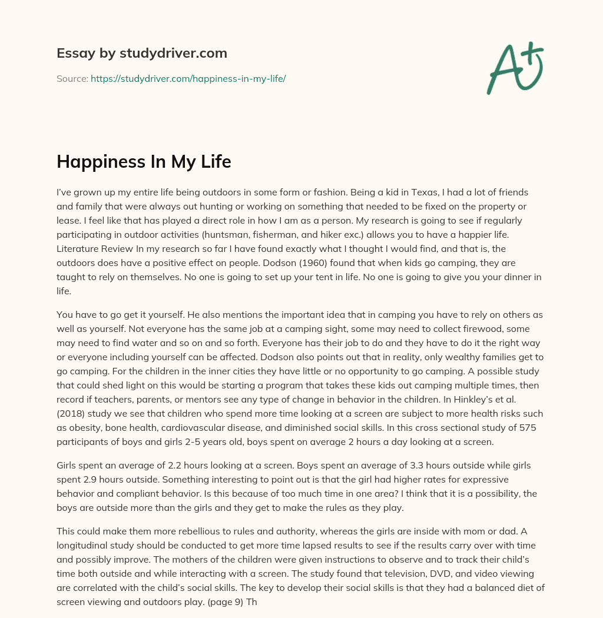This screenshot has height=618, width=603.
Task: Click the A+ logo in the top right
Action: point(515,67)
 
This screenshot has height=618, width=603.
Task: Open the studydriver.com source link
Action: point(188,78)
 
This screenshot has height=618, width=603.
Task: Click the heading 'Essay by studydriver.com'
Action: point(141,53)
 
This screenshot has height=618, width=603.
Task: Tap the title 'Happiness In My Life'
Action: point(144,162)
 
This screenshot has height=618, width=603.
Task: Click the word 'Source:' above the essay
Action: point(72,78)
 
